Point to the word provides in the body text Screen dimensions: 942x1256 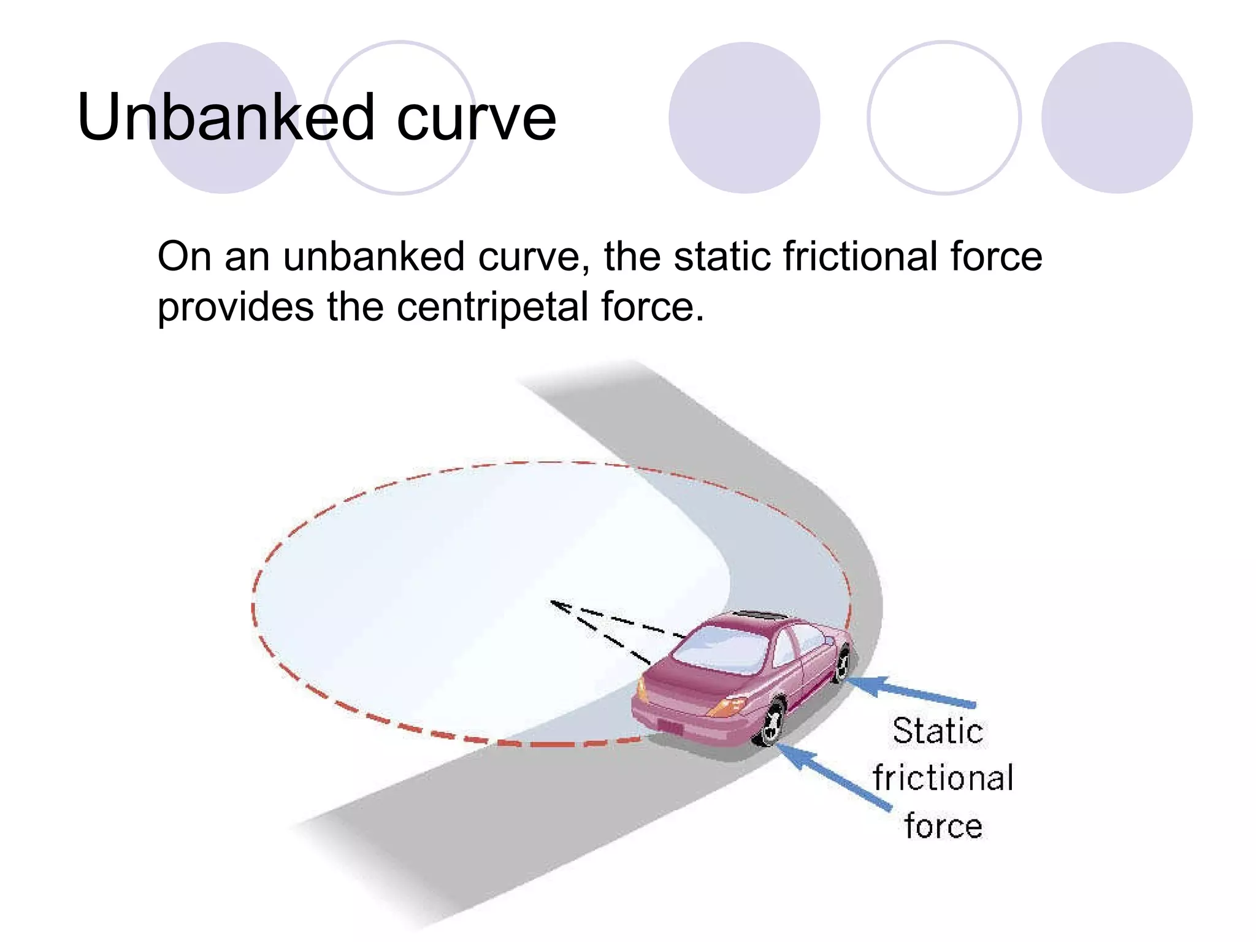point(235,306)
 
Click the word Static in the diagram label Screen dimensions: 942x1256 point(938,731)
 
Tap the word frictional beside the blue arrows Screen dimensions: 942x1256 point(943,778)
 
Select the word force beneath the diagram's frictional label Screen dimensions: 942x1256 point(943,825)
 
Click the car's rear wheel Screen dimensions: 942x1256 point(770,724)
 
